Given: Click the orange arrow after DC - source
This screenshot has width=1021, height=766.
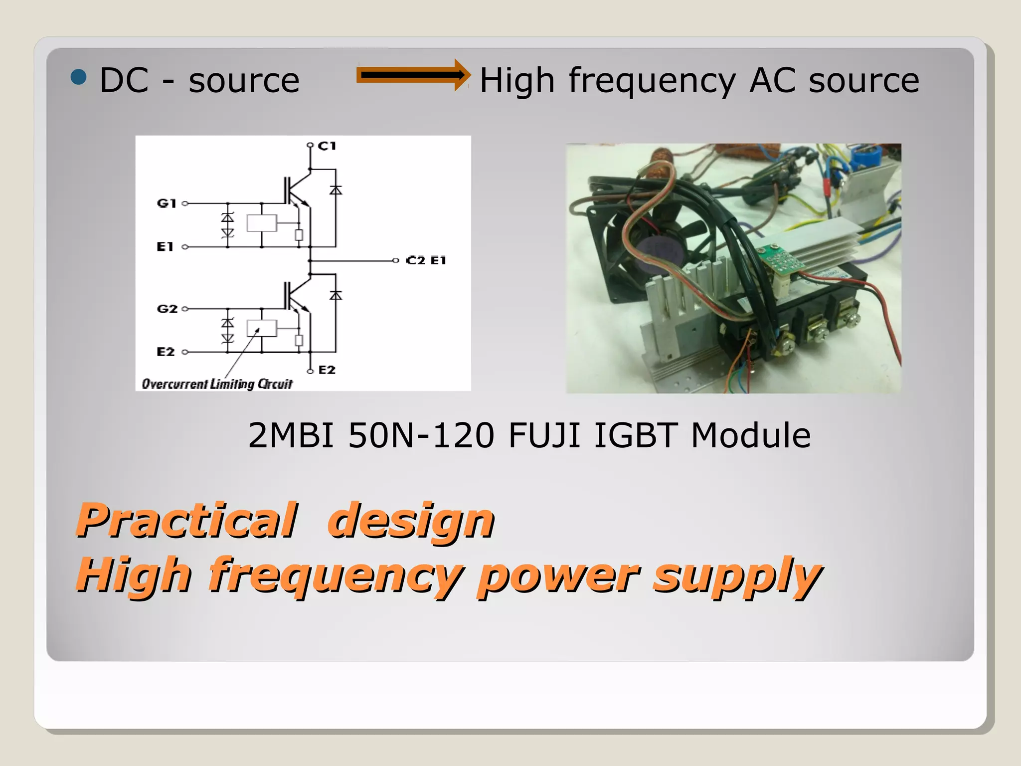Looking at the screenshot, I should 413,75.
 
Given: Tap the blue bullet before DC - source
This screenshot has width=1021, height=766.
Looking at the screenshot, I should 79,77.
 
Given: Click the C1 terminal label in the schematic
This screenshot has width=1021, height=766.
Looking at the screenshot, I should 327,146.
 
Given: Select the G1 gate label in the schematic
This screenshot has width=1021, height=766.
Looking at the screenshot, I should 167,203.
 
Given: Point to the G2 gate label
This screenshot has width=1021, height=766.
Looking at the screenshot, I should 167,309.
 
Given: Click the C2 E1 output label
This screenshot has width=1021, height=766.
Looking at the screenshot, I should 426,260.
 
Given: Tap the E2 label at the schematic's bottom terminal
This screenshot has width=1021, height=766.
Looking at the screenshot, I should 327,370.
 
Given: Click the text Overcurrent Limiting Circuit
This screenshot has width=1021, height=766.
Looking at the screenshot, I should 217,383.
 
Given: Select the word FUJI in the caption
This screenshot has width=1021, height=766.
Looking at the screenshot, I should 544,435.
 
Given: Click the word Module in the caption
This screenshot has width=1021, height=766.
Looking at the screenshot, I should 751,435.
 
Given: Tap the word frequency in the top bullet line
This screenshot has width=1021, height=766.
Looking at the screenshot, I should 652,81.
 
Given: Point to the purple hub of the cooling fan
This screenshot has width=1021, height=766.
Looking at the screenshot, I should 657,249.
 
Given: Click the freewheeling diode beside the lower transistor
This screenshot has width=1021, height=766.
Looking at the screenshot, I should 336,296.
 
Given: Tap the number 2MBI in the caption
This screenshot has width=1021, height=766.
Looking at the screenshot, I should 291,435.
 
